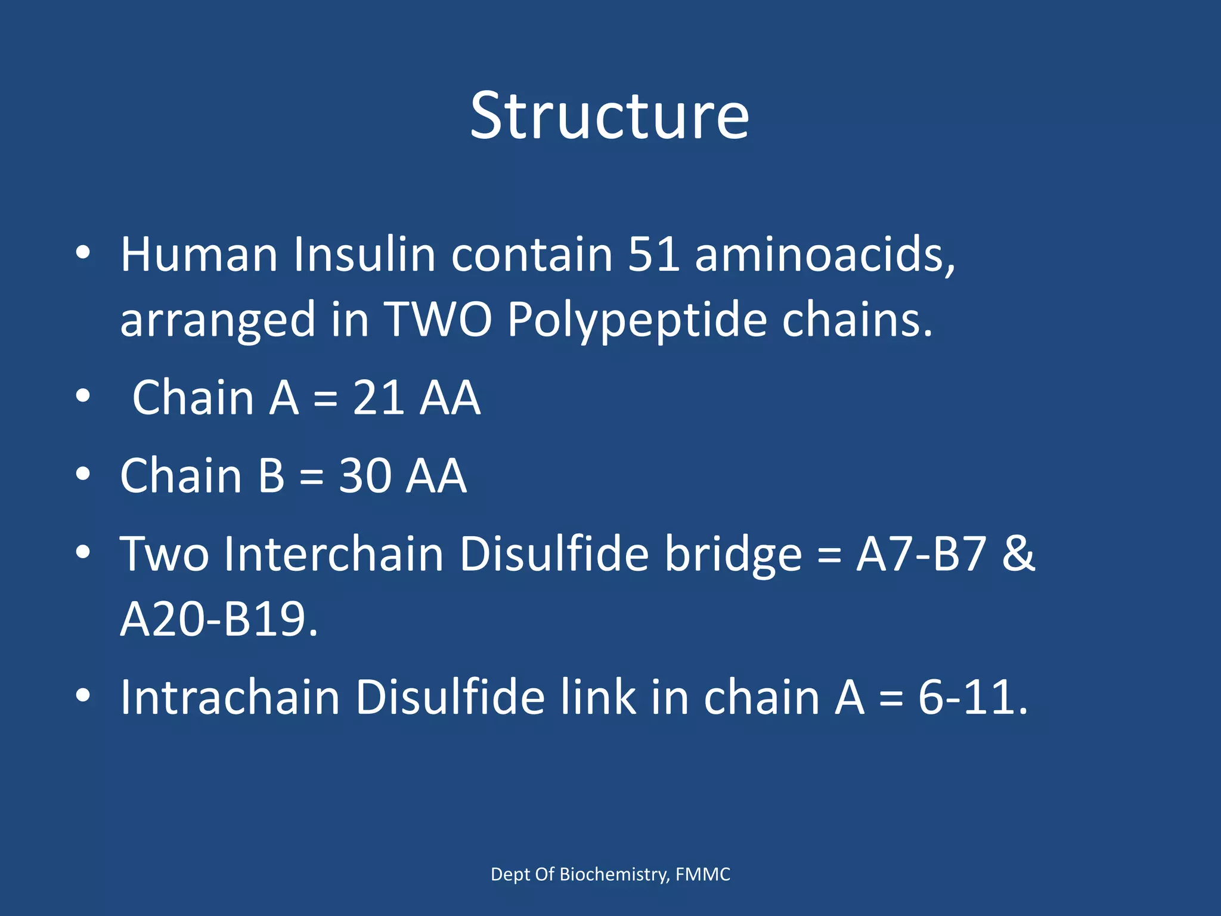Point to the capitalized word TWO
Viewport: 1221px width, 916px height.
pyautogui.click(x=438, y=320)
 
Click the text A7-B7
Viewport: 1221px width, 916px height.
pyautogui.click(x=921, y=554)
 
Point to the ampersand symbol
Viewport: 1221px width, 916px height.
pyautogui.click(x=1018, y=554)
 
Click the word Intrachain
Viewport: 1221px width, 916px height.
pyautogui.click(x=230, y=697)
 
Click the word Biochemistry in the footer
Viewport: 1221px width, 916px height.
pyautogui.click(x=613, y=874)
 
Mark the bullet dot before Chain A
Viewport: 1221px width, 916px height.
pyautogui.click(x=83, y=397)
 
